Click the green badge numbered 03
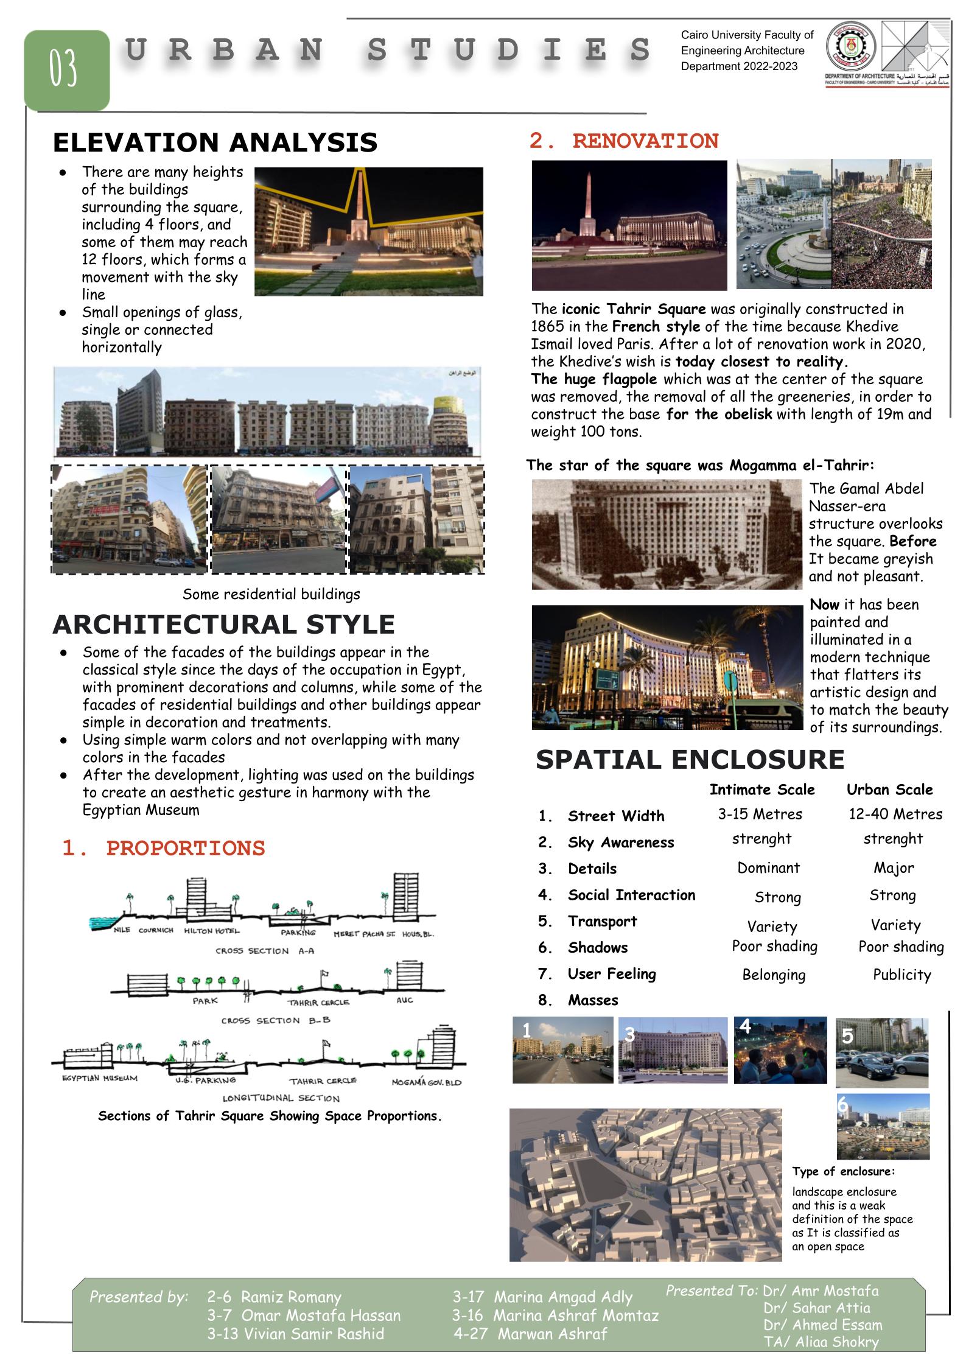click(66, 69)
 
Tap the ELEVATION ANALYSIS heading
click(215, 143)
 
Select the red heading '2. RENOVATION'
click(624, 141)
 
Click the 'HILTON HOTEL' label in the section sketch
click(212, 931)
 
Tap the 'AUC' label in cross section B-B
click(405, 1000)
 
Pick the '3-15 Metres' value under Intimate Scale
click(760, 814)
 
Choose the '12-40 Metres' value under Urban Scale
click(895, 814)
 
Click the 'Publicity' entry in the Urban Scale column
click(901, 975)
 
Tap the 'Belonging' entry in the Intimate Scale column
click(774, 975)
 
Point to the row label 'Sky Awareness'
click(621, 842)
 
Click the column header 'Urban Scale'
click(889, 790)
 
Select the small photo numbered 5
click(881, 1053)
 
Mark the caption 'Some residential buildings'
click(271, 594)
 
